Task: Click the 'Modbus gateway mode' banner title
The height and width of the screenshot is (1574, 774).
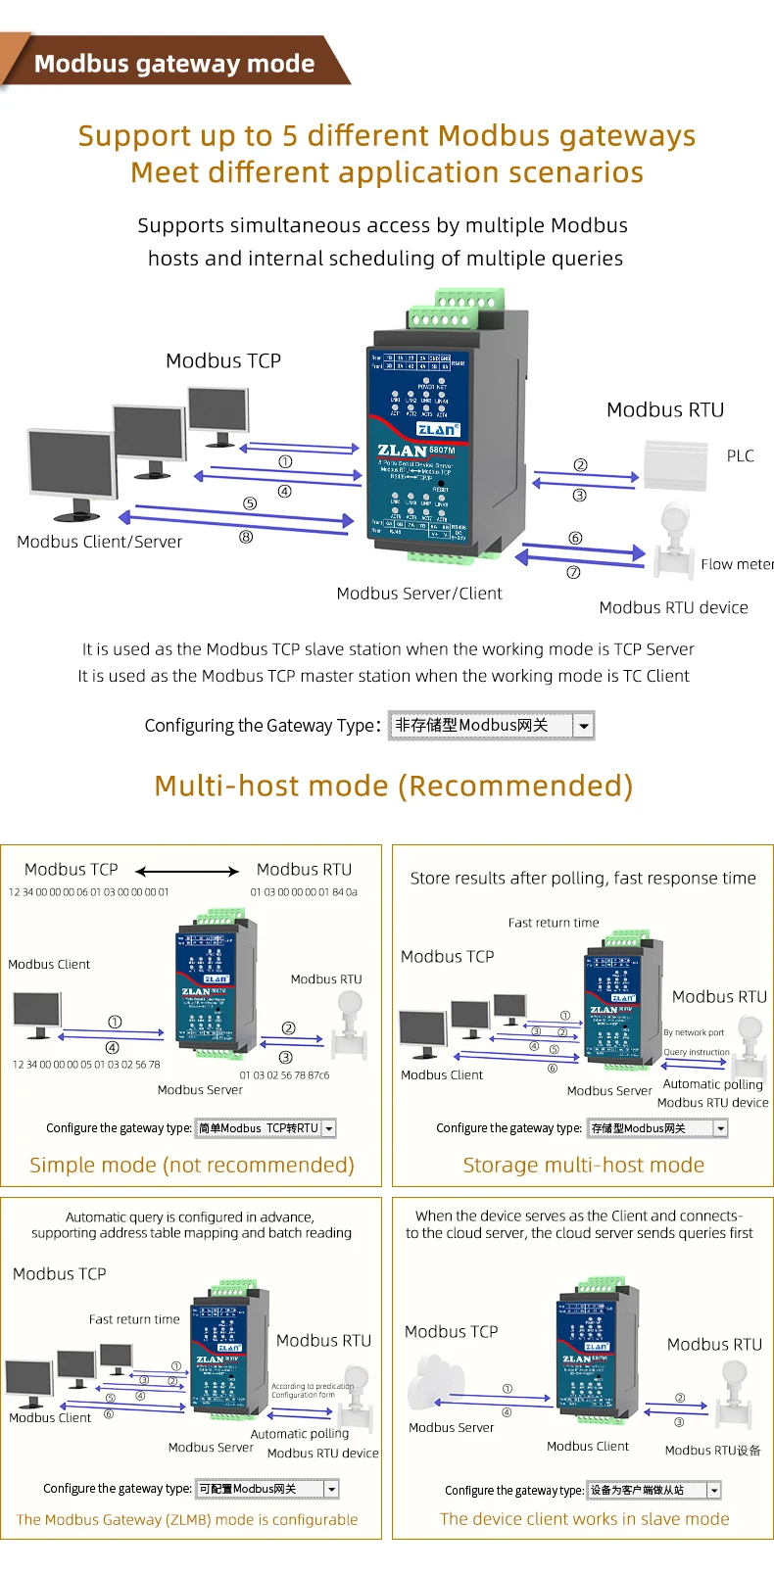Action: [x=174, y=64]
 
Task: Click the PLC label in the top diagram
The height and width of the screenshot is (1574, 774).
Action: [x=740, y=455]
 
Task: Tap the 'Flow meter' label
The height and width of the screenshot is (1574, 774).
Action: [x=736, y=564]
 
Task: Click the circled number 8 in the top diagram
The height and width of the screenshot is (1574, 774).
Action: [x=246, y=537]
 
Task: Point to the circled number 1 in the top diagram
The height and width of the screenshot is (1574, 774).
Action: [x=285, y=461]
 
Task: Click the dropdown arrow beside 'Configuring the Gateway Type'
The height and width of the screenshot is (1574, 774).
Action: [x=584, y=726]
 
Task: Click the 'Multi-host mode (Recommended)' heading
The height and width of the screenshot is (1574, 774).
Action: [x=393, y=786]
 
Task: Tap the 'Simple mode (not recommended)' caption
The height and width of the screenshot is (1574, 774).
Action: [x=192, y=1165]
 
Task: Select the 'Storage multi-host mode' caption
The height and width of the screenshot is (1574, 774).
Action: [x=583, y=1165]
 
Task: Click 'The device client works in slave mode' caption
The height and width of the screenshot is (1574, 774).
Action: [x=584, y=1519]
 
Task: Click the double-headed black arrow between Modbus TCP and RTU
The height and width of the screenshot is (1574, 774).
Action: [x=187, y=871]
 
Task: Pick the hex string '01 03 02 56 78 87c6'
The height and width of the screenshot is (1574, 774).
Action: [x=284, y=1074]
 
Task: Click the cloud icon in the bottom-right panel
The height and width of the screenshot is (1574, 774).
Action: [x=431, y=1381]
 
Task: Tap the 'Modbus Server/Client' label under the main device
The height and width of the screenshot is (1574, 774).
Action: [x=418, y=594]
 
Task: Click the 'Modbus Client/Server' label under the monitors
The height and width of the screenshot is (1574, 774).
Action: [x=99, y=542]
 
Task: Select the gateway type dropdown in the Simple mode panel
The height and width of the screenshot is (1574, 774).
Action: [x=266, y=1128]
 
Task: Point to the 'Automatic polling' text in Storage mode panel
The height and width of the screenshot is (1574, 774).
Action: [x=712, y=1084]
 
